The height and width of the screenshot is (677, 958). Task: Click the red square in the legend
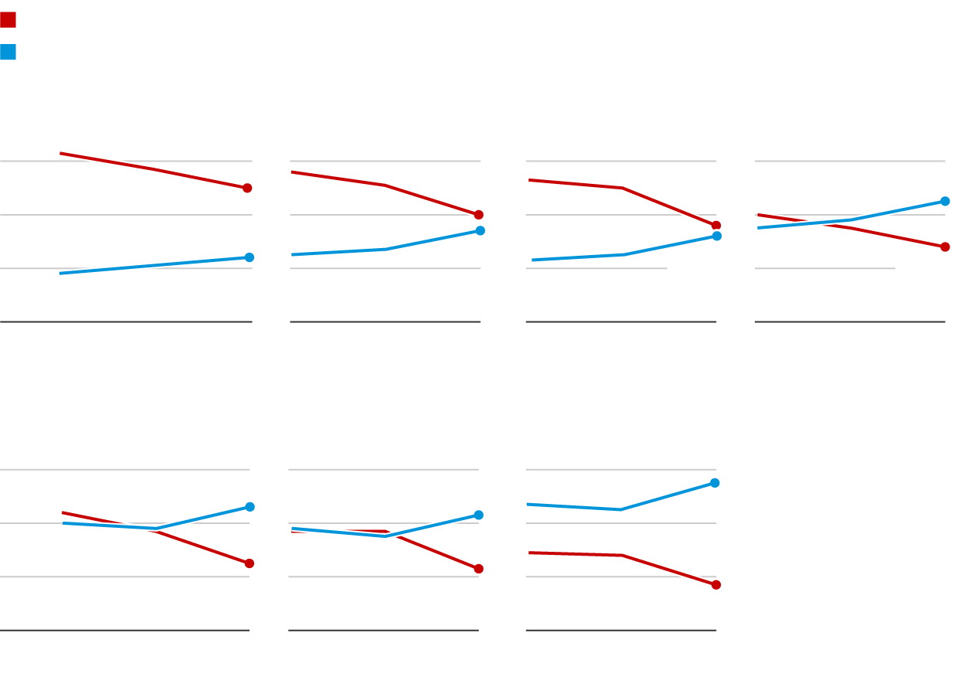tap(8, 20)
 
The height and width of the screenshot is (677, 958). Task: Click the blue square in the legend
tap(8, 52)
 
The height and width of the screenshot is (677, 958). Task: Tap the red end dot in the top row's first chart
tap(247, 188)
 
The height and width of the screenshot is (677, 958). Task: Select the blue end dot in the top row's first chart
tap(249, 257)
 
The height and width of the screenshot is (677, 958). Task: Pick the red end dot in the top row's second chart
tap(478, 215)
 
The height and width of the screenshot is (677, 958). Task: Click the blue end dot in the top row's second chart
tap(480, 230)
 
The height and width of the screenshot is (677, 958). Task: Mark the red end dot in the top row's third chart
tap(716, 226)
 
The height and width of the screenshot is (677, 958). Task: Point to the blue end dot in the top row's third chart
tap(717, 236)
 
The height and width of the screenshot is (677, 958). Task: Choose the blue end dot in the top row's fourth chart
tap(945, 201)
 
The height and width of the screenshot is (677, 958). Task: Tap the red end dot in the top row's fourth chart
tap(945, 247)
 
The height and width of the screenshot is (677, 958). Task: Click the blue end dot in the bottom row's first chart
tap(250, 507)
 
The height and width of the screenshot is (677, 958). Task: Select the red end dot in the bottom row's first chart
tap(250, 563)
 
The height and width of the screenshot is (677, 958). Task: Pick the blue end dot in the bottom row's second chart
tap(478, 515)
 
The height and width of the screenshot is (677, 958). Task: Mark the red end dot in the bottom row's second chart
tap(478, 569)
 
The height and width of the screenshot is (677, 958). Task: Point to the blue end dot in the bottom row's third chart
tap(715, 483)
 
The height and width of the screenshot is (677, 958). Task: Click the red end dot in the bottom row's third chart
tap(716, 585)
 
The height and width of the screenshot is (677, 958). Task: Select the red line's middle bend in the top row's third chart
tap(622, 188)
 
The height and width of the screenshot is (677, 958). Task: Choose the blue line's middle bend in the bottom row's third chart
tap(620, 509)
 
